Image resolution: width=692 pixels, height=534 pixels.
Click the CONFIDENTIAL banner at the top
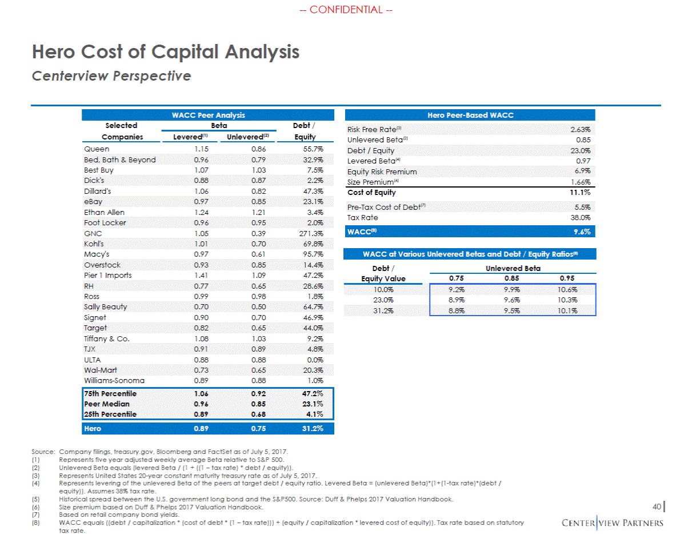346,10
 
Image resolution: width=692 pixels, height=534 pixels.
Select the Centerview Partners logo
612,523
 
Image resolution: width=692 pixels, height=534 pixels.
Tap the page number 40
657,507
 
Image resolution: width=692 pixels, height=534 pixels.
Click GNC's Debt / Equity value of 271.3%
311,233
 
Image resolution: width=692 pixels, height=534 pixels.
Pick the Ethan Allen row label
104,213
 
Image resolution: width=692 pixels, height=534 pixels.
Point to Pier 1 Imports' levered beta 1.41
201,275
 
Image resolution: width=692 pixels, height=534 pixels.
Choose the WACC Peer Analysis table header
208,115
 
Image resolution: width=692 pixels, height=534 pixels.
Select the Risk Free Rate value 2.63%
580,130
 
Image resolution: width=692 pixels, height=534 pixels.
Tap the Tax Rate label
362,218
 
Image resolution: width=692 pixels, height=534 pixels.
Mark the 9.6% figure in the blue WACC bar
582,232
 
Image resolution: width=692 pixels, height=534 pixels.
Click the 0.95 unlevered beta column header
567,278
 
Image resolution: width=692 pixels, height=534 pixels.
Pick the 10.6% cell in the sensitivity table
567,290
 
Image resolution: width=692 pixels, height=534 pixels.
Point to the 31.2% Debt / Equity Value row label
383,310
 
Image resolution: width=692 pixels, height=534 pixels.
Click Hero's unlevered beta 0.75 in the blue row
258,429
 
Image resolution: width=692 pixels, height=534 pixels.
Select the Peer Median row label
107,404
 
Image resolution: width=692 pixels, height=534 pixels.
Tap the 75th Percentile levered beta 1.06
201,394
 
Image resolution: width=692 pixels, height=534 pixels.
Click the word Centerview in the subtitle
70,76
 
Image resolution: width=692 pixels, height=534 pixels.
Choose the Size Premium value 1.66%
580,182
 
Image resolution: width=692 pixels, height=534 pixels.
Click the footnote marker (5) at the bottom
35,499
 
